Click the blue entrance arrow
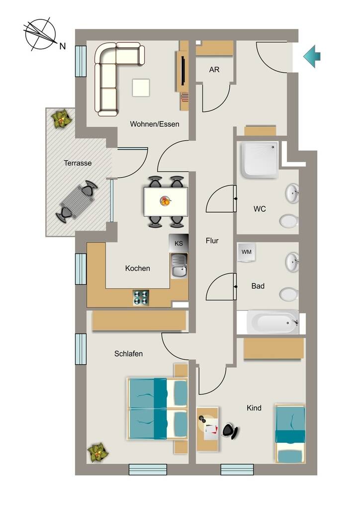(x=312, y=56)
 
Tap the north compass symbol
(x=41, y=34)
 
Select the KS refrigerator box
(x=179, y=243)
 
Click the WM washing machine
(x=247, y=252)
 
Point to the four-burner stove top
(x=141, y=297)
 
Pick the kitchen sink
(x=179, y=266)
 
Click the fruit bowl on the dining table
(x=165, y=201)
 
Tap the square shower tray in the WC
(x=260, y=160)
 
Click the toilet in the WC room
(x=289, y=221)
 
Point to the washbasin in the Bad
(x=292, y=262)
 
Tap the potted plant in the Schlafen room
(x=97, y=452)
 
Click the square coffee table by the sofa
(x=141, y=87)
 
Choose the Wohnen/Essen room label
(x=155, y=124)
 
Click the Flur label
(x=212, y=241)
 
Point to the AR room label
(x=214, y=70)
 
